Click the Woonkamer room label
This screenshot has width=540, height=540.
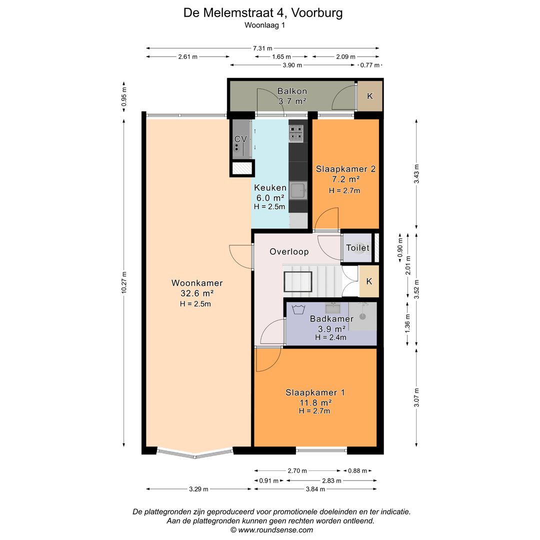[x=197, y=283]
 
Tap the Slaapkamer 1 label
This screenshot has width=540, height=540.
[x=315, y=392]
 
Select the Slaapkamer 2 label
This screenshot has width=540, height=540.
[x=346, y=169]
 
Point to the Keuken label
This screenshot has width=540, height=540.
[x=270, y=187]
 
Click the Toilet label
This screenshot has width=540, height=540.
[x=357, y=247]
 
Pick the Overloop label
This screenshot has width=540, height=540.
[x=289, y=251]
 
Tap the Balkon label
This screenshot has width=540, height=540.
[x=292, y=91]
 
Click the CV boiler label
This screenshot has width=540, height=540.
[x=240, y=139]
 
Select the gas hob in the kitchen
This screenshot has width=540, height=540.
[x=296, y=133]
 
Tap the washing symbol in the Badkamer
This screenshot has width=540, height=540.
[x=298, y=309]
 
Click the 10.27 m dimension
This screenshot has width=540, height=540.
[x=124, y=282]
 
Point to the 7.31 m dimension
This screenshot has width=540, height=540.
[x=262, y=48]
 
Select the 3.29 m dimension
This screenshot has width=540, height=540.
[x=198, y=489]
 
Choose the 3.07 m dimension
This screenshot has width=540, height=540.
[x=416, y=397]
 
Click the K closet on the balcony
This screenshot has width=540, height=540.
[x=370, y=96]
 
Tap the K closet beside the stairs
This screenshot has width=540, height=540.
[x=369, y=281]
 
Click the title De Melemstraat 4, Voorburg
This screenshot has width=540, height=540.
[x=263, y=12]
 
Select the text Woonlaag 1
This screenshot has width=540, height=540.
[x=265, y=25]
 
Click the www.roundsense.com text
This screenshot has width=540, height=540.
[x=275, y=530]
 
